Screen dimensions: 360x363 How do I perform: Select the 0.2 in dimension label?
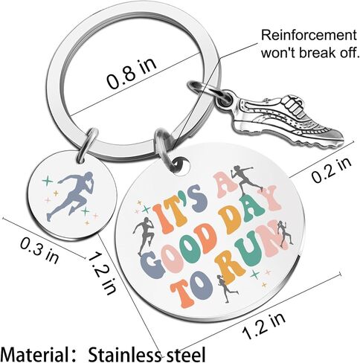pyautogui.click(x=331, y=170)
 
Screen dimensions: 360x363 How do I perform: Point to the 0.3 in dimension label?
pyautogui.click(x=39, y=250)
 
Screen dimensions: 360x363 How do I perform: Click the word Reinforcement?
pyautogui.click(x=309, y=36)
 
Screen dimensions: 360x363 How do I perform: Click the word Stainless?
pyautogui.click(x=125, y=354)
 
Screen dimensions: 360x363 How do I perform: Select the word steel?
pyautogui.click(x=184, y=355)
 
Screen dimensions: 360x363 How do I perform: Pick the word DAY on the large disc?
pyautogui.click(x=251, y=211)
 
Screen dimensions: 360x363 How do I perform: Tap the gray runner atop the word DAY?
pyautogui.click(x=245, y=178)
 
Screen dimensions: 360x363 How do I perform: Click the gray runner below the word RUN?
pyautogui.click(x=226, y=289)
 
